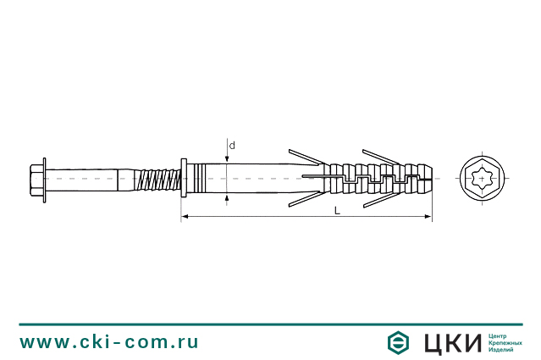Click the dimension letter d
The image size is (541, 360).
point(232,145)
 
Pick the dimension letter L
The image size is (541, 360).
point(337,210)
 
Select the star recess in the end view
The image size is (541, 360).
point(483,179)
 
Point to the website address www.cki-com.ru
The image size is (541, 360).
point(109,341)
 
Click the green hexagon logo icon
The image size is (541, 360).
point(399,342)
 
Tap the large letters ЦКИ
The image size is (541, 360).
point(450,342)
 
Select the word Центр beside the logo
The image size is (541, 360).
point(500,335)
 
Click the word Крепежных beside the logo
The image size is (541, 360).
point(506,342)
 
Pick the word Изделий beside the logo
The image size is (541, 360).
point(502,350)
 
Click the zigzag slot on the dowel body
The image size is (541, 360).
point(373,179)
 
